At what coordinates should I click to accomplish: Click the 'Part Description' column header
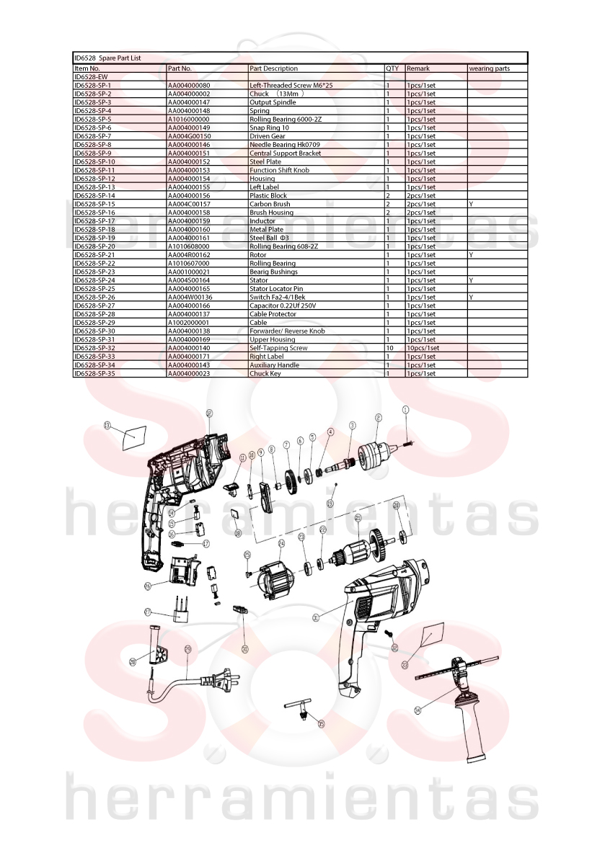coord(273,68)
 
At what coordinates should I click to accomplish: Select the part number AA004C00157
coord(189,204)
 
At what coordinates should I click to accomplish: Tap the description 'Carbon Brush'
coord(270,204)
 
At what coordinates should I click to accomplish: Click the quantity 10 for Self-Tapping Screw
coord(390,348)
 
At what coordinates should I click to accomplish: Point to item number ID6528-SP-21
coord(94,255)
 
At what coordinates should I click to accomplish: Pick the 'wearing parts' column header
coord(489,68)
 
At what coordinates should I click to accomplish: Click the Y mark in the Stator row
coord(471,280)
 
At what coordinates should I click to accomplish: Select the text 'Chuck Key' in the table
coord(265,374)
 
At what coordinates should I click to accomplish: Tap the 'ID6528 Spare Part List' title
coord(107,58)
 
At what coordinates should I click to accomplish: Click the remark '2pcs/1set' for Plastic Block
coord(421,195)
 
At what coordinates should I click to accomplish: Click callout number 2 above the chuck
coord(379,418)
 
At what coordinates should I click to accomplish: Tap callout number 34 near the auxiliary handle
coord(418,710)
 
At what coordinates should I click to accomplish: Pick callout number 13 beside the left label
coord(107,424)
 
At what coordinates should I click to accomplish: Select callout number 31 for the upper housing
coord(316,617)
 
